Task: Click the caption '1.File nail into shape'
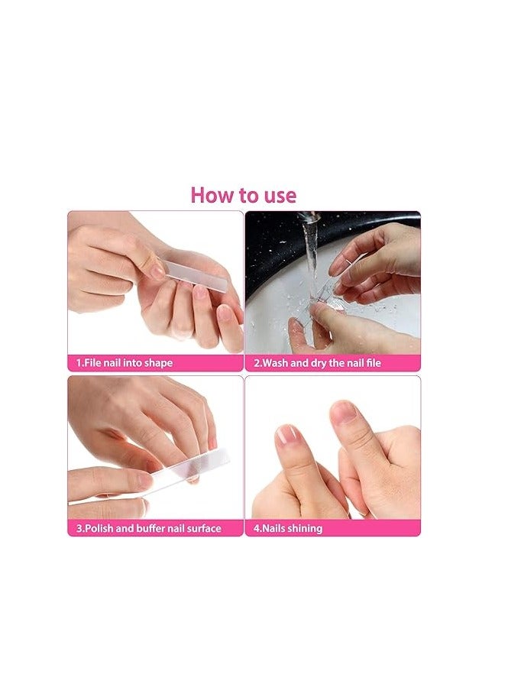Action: [x=125, y=363]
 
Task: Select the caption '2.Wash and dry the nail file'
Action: [x=317, y=363]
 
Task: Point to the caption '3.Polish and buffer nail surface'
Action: [x=148, y=528]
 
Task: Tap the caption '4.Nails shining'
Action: [x=288, y=528]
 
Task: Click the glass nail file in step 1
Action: [x=194, y=275]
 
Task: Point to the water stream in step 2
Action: [x=312, y=257]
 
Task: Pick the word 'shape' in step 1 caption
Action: [x=158, y=363]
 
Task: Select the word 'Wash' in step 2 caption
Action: [x=275, y=363]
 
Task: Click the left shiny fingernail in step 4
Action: [x=286, y=435]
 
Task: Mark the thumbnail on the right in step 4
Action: [x=344, y=412]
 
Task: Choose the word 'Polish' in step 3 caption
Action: [x=99, y=528]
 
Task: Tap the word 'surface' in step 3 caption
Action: [x=204, y=528]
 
